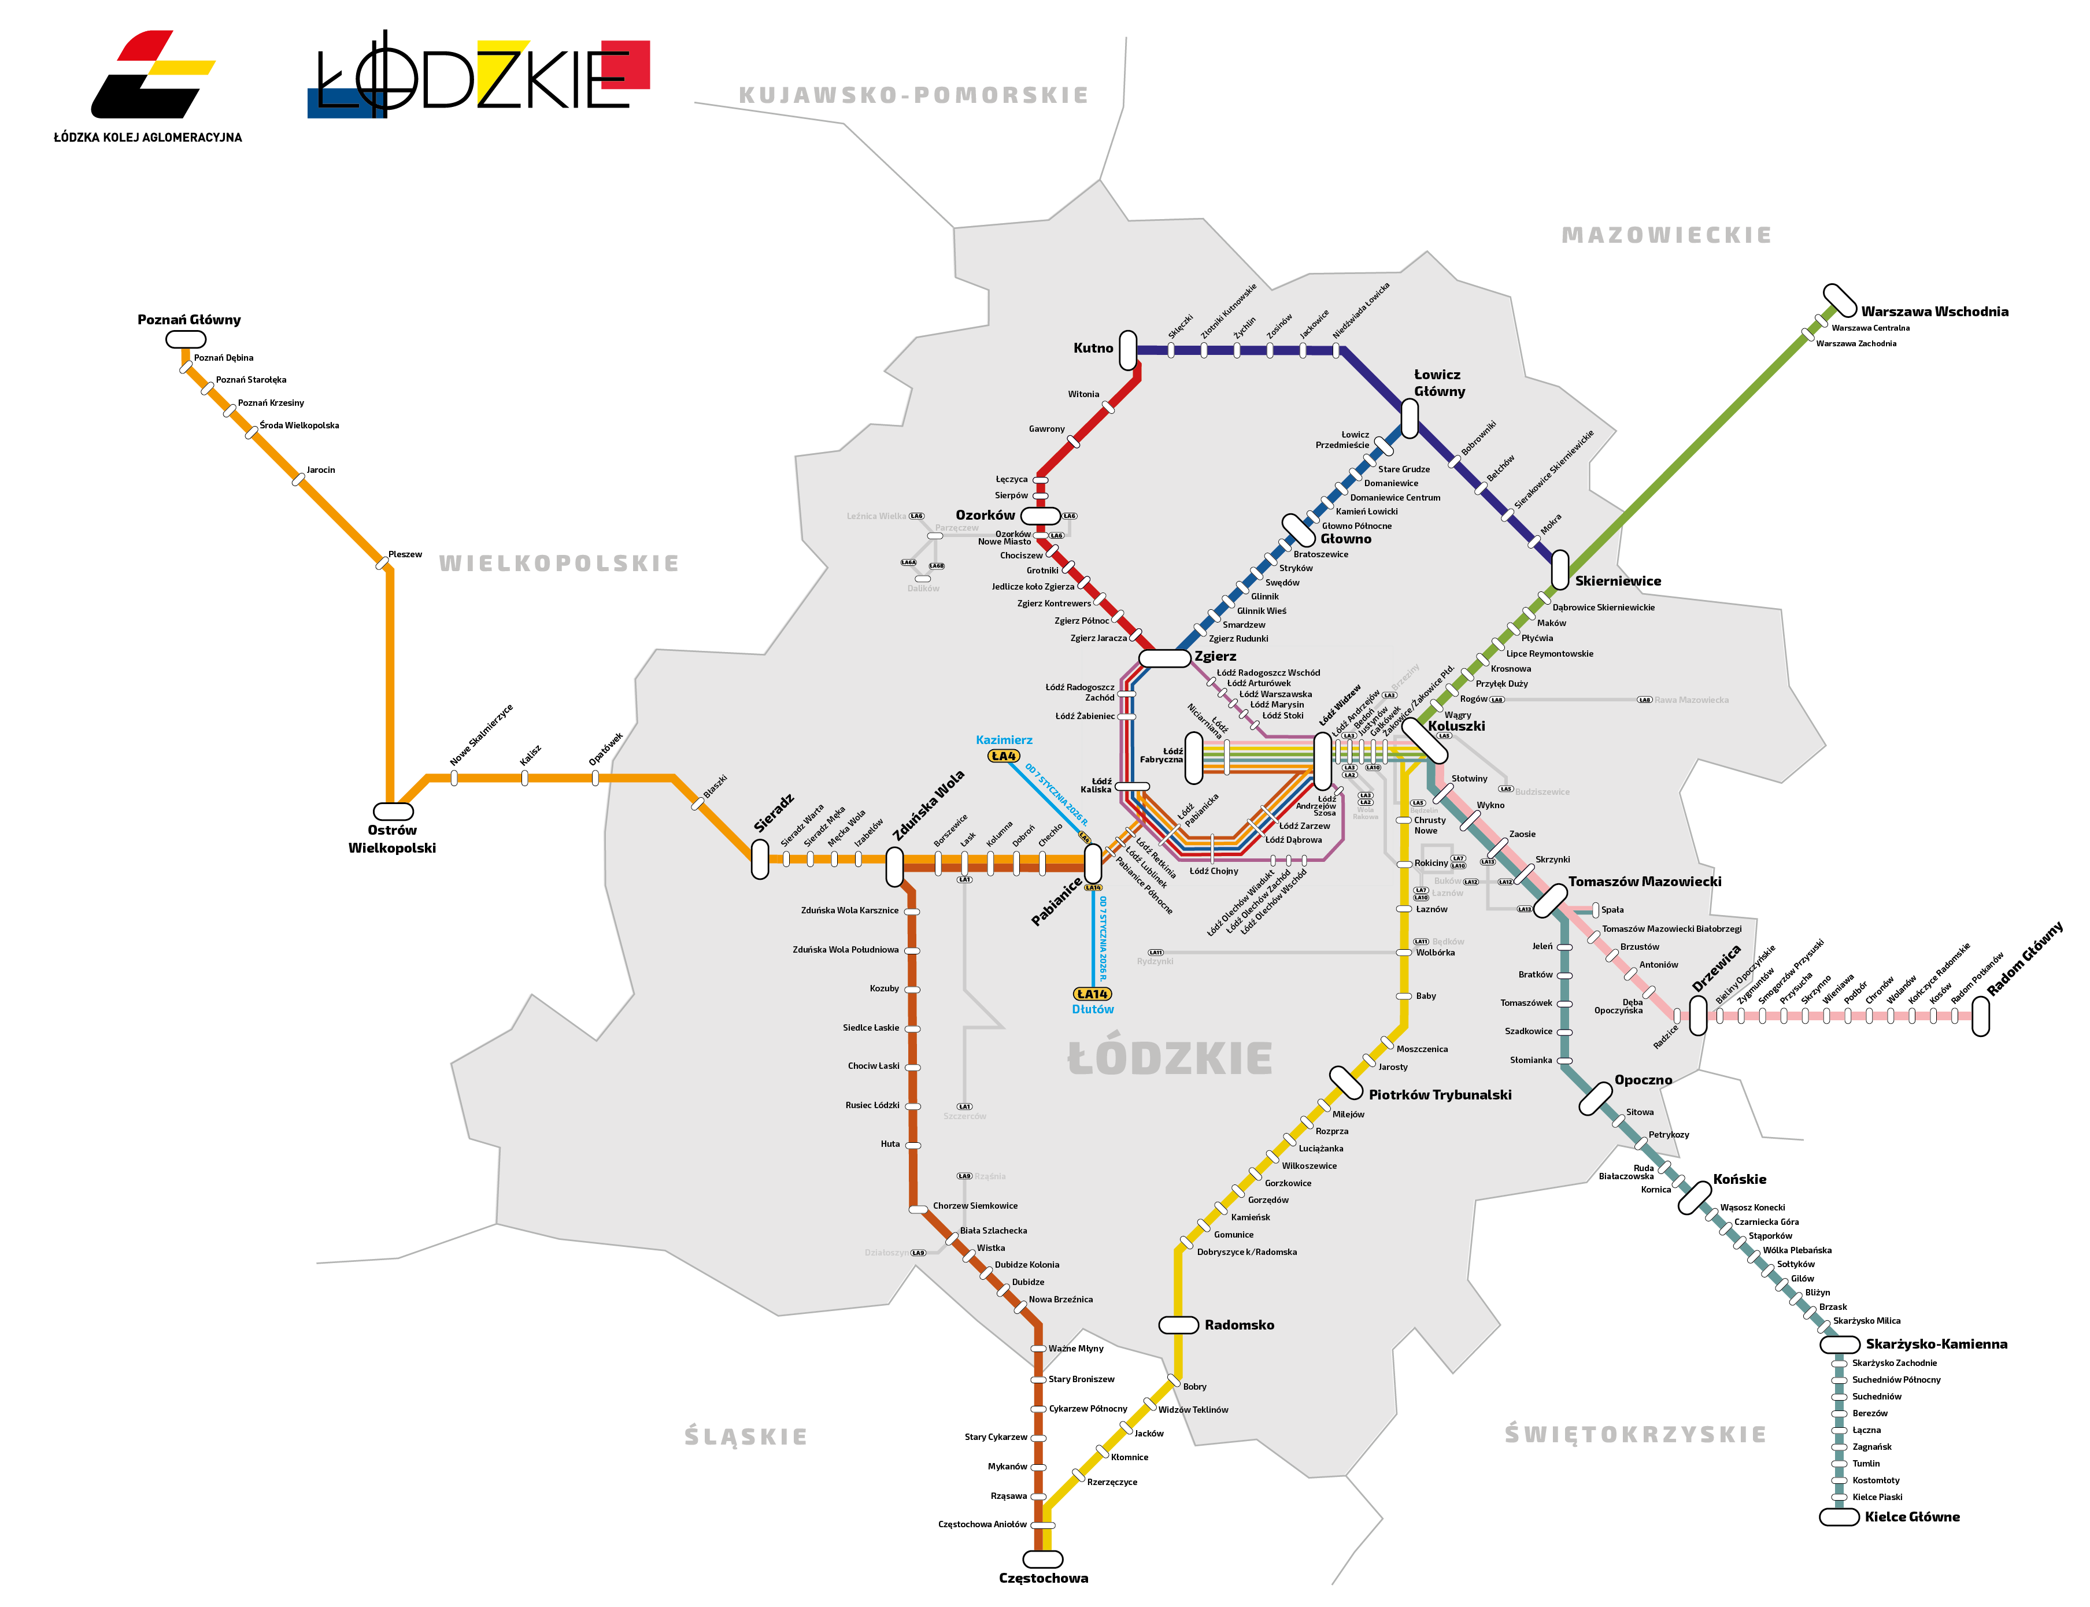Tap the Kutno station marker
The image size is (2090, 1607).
click(1128, 350)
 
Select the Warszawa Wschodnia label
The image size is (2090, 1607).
click(1933, 312)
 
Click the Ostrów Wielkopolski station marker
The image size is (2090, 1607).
click(392, 811)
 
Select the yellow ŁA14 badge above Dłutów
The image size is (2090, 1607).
click(1092, 994)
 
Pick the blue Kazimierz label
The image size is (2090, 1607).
click(1004, 739)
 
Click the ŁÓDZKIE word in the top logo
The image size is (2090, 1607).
click(478, 76)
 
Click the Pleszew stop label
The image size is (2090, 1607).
click(405, 555)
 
